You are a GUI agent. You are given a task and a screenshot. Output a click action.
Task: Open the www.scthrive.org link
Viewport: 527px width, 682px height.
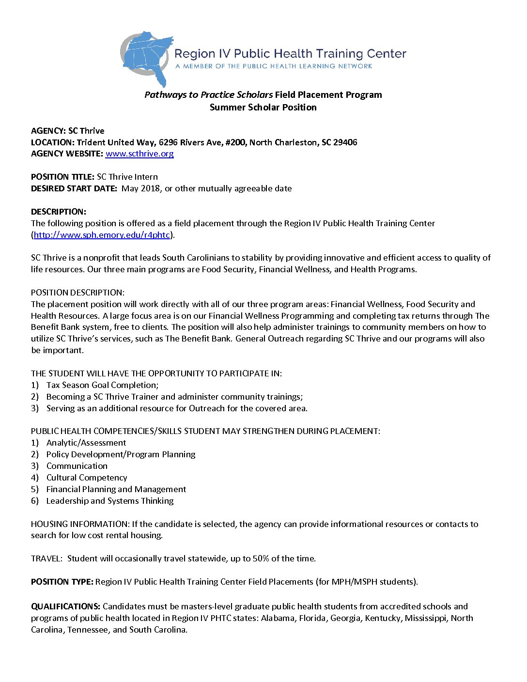tap(139, 154)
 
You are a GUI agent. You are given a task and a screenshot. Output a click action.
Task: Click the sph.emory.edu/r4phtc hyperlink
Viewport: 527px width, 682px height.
tap(102, 235)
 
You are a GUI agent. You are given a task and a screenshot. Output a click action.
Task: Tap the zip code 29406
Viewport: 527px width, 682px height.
tap(345, 142)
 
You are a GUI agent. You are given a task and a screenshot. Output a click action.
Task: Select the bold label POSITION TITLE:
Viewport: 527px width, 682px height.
tap(62, 177)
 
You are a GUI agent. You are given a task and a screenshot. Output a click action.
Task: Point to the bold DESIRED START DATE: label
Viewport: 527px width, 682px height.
tap(74, 188)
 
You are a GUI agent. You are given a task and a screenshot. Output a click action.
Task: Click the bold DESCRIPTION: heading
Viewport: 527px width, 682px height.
tap(59, 212)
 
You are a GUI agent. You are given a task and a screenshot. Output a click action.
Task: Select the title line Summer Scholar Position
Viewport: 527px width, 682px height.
tap(263, 107)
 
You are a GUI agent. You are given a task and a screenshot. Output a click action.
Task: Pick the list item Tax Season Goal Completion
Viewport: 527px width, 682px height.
tap(102, 385)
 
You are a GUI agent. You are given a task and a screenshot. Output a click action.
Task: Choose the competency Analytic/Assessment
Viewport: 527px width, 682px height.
tap(86, 443)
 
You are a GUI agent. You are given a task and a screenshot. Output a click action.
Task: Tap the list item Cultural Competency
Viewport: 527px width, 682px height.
tap(87, 478)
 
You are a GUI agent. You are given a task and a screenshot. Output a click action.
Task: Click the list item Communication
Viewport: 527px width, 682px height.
tap(77, 466)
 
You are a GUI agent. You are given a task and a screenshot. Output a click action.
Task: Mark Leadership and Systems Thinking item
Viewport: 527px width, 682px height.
tap(110, 501)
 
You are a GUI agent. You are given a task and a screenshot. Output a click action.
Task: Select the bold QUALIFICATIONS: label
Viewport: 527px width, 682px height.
tap(66, 606)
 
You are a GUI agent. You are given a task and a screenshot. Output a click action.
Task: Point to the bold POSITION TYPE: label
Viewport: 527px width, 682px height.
tap(62, 582)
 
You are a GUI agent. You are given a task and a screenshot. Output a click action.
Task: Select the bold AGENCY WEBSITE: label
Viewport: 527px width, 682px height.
tap(67, 154)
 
